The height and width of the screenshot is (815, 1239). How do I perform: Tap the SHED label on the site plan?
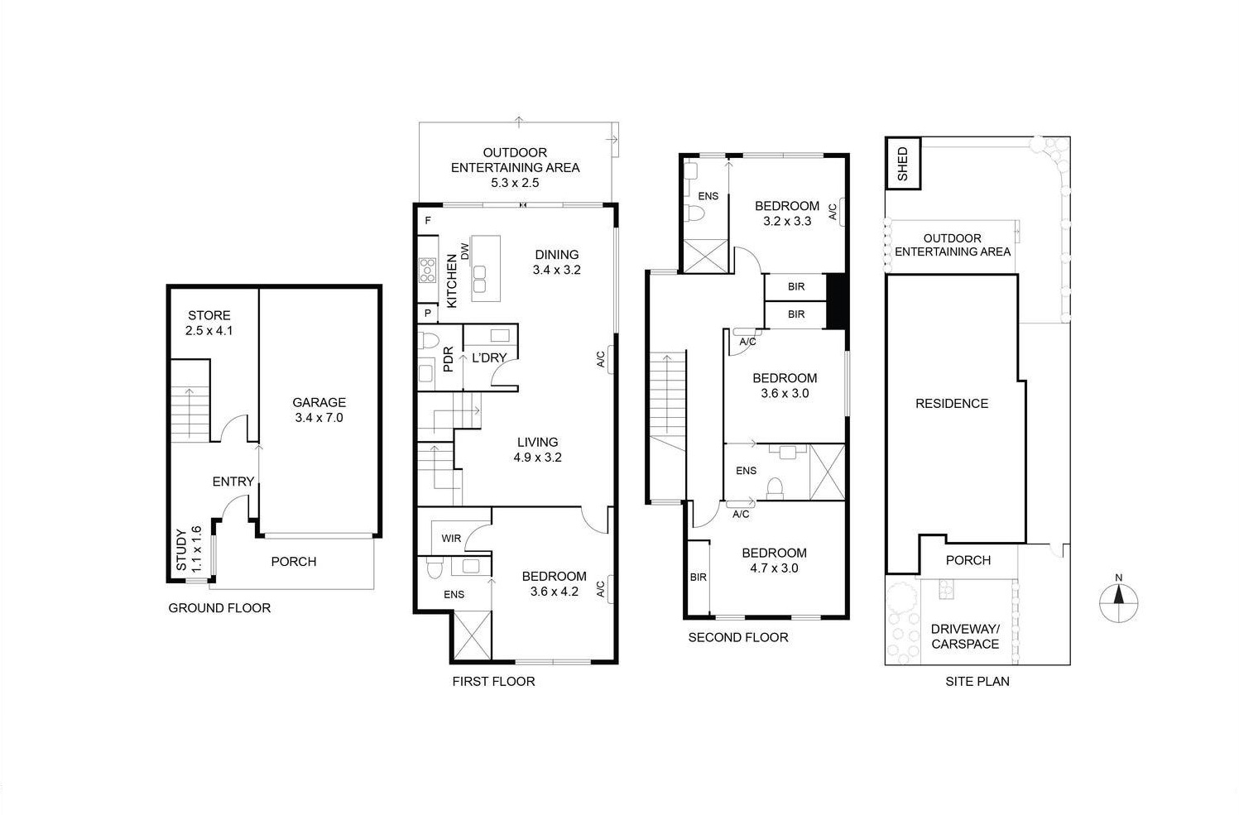(902, 164)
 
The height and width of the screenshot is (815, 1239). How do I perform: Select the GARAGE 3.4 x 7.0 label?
(319, 410)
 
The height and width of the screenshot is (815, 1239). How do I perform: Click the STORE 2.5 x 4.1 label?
(209, 323)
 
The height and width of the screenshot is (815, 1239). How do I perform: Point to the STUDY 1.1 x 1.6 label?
(189, 549)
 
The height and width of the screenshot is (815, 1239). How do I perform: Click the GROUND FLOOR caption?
(219, 608)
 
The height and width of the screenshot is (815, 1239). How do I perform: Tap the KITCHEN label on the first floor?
(452, 281)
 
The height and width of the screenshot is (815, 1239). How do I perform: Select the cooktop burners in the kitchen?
(427, 271)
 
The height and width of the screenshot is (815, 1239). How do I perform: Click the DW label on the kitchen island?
(465, 252)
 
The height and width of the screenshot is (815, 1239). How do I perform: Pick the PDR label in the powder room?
(448, 359)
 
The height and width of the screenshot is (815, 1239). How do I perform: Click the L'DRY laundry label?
(488, 357)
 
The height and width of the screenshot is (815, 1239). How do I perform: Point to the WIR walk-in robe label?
(451, 539)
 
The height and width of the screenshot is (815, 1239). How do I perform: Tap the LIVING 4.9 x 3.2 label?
(537, 449)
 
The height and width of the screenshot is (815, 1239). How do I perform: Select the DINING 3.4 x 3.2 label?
(556, 262)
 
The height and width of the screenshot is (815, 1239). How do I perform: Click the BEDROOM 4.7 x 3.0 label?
(774, 560)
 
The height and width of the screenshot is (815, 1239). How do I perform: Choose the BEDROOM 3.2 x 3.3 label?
(786, 213)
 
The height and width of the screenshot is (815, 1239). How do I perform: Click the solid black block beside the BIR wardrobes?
(837, 300)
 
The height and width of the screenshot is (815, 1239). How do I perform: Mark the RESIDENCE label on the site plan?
(952, 404)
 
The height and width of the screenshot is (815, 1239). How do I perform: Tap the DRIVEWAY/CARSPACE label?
(965, 636)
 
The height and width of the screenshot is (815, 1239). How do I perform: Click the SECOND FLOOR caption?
(738, 637)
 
